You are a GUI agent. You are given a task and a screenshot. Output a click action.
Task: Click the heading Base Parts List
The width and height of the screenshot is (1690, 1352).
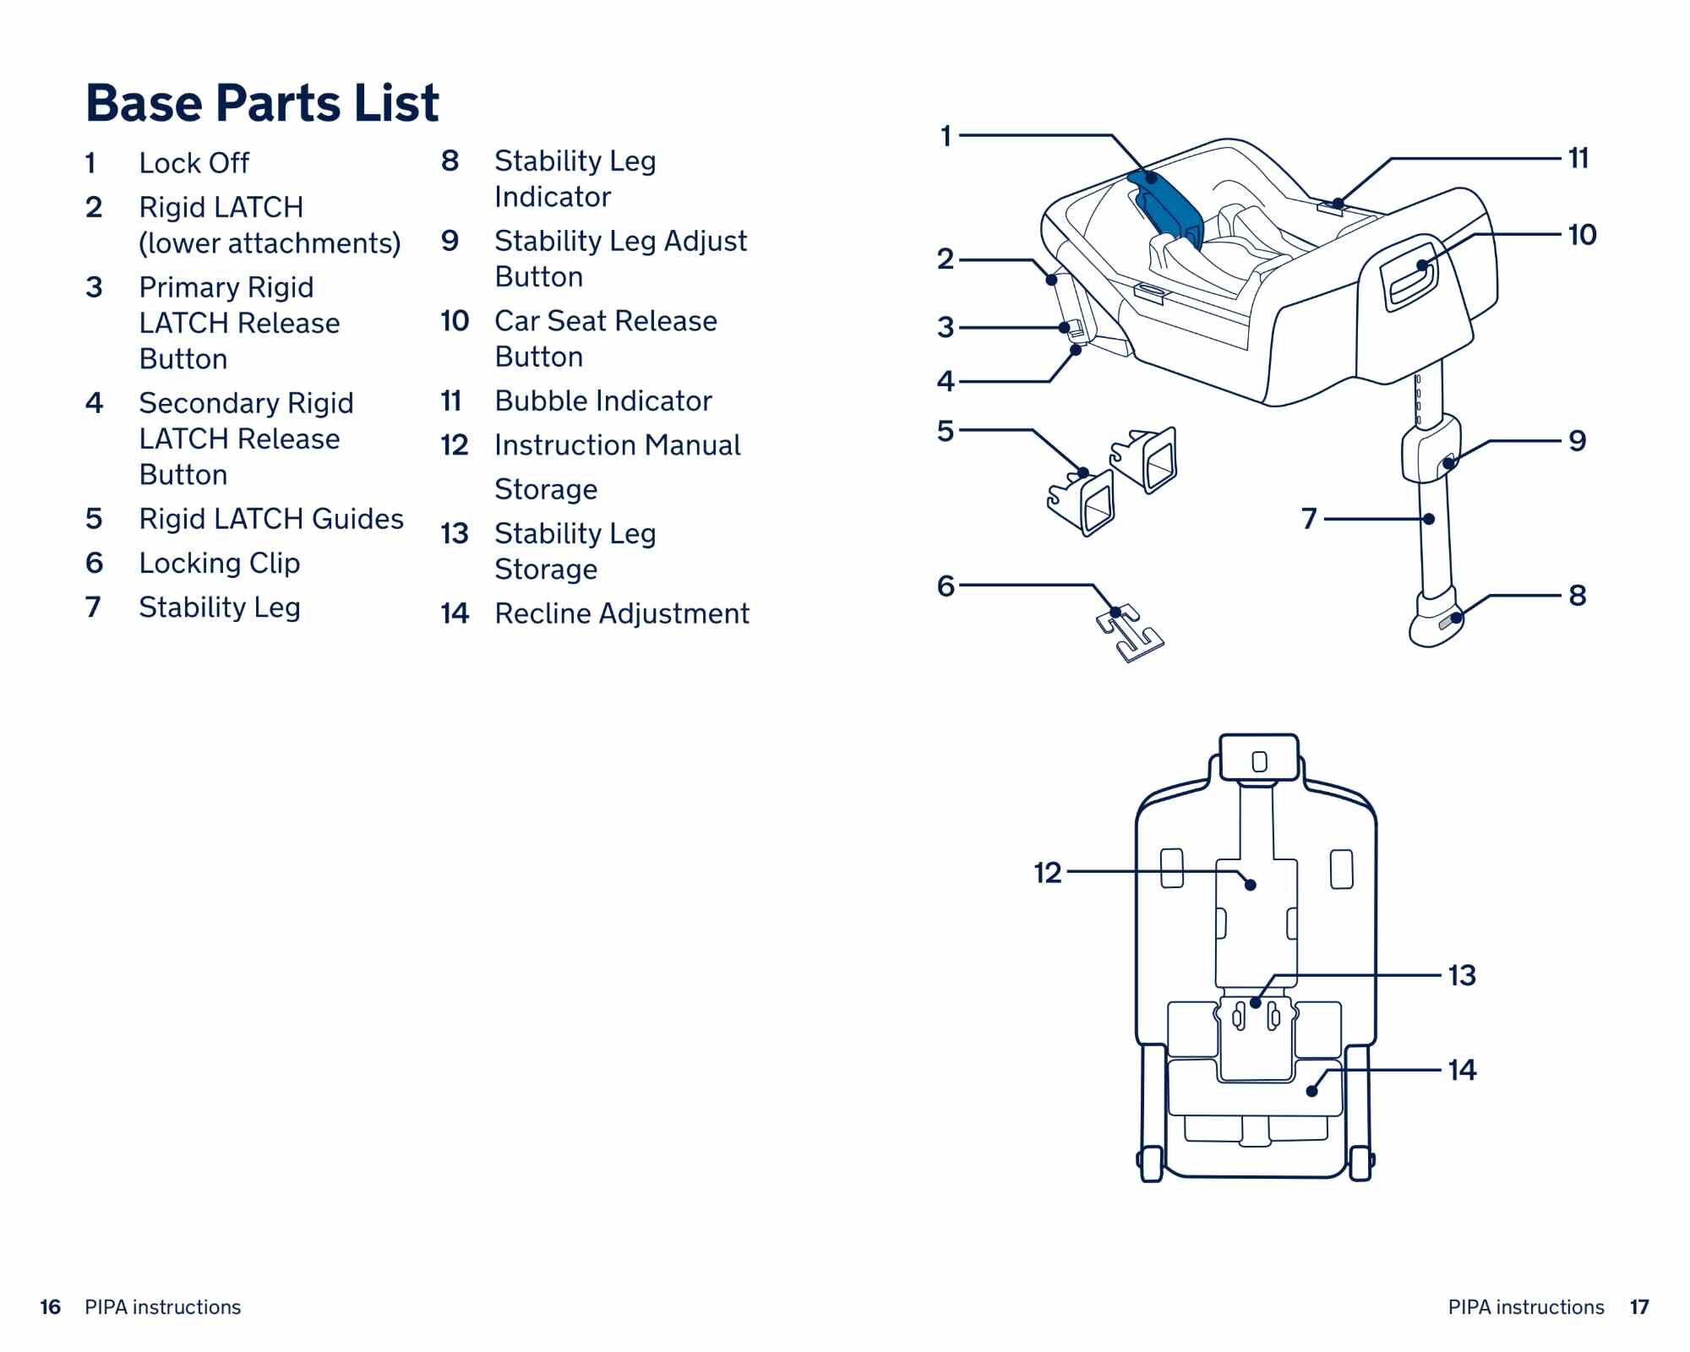(x=262, y=103)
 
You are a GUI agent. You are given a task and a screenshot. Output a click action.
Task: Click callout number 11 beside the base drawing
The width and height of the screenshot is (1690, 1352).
(x=1578, y=158)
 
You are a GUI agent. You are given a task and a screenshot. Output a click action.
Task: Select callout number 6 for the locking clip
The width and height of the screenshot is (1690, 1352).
(x=946, y=586)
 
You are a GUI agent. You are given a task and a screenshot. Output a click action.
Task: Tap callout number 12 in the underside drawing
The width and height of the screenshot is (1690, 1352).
(x=1048, y=872)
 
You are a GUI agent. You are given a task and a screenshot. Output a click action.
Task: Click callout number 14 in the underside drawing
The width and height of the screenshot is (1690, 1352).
(x=1462, y=1070)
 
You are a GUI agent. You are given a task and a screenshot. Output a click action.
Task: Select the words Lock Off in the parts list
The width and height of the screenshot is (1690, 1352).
(x=194, y=163)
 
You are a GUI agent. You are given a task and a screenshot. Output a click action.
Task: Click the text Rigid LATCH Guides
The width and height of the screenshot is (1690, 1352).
(x=270, y=519)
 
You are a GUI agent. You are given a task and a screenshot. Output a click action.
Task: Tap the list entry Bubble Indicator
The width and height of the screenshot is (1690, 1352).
(x=602, y=401)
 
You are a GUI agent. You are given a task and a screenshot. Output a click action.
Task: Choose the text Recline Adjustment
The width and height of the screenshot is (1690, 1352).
(x=621, y=613)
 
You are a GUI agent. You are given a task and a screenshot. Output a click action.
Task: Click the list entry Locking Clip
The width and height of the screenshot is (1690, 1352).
(x=219, y=563)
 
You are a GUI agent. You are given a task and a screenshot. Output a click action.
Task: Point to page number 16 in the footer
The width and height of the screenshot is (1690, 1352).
(x=51, y=1307)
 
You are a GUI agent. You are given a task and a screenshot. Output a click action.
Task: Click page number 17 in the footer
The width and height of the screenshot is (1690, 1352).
(x=1639, y=1307)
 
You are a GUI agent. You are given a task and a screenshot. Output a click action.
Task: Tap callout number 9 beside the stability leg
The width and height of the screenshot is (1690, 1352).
(x=1577, y=441)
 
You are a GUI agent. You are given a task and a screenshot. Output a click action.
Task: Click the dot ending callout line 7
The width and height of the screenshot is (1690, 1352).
(x=1429, y=519)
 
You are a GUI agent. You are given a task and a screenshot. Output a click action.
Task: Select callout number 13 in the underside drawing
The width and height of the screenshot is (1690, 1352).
(x=1462, y=975)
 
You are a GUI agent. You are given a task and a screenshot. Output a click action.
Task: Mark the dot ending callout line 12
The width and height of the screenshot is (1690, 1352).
(x=1251, y=885)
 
